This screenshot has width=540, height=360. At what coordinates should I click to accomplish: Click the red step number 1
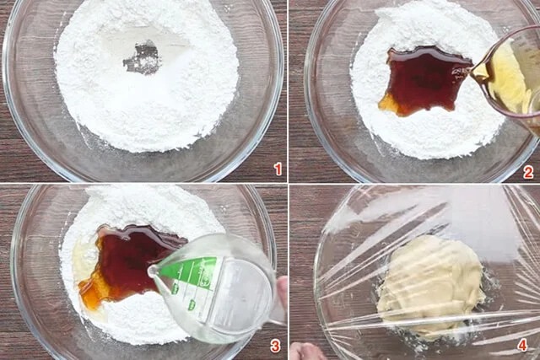point(278,169)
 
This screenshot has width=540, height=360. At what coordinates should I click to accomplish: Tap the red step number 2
point(528,172)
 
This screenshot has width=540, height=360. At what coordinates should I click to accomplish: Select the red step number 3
point(275,347)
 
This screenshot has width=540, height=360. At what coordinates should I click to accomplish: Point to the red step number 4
point(522,345)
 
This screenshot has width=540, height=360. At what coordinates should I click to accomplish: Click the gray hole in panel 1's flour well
point(143,58)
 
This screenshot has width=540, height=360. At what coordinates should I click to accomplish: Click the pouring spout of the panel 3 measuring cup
point(153,271)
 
